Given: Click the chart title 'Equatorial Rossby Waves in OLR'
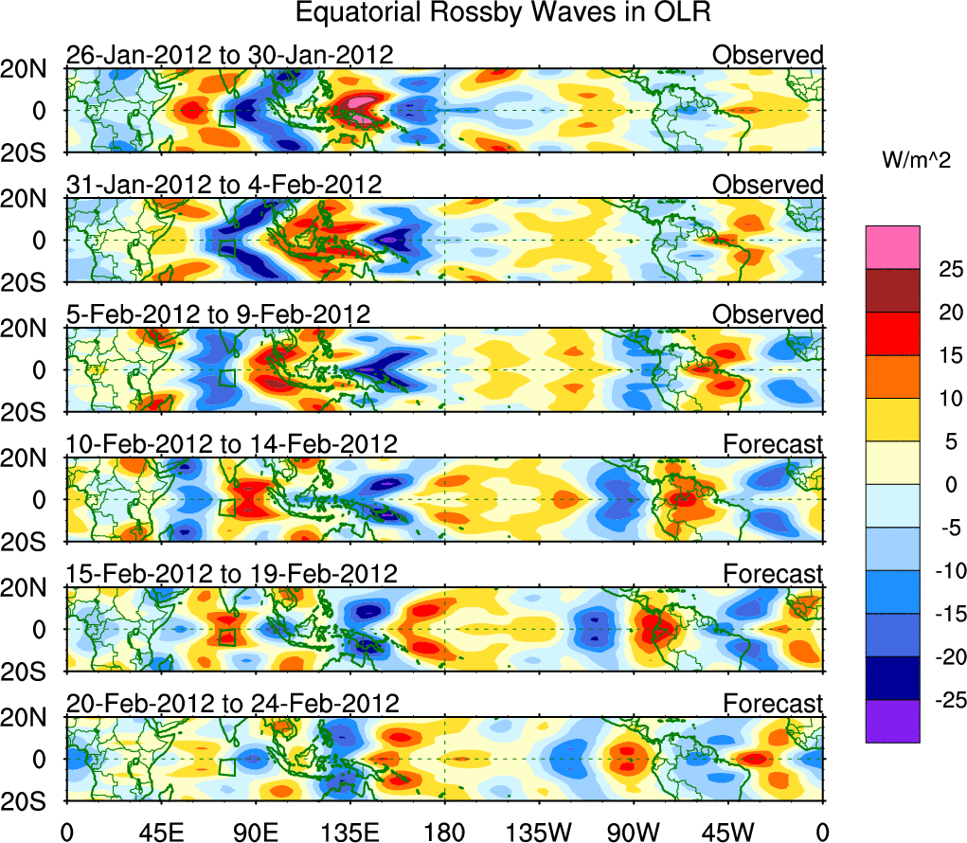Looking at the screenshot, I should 502,13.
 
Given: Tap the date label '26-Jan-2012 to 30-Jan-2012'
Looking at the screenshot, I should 229,55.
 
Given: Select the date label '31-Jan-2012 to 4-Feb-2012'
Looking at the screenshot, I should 224,185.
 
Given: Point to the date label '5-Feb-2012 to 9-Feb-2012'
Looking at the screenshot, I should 218,314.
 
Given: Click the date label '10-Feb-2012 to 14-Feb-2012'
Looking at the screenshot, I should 231,443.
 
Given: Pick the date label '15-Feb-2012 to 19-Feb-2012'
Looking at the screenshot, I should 231,573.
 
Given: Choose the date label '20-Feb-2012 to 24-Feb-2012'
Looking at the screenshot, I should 232,703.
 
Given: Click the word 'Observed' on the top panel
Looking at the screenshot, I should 768,55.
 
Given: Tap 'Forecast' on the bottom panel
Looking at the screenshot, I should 774,703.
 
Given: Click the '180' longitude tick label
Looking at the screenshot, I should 444,831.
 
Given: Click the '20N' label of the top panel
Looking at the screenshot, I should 31,68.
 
